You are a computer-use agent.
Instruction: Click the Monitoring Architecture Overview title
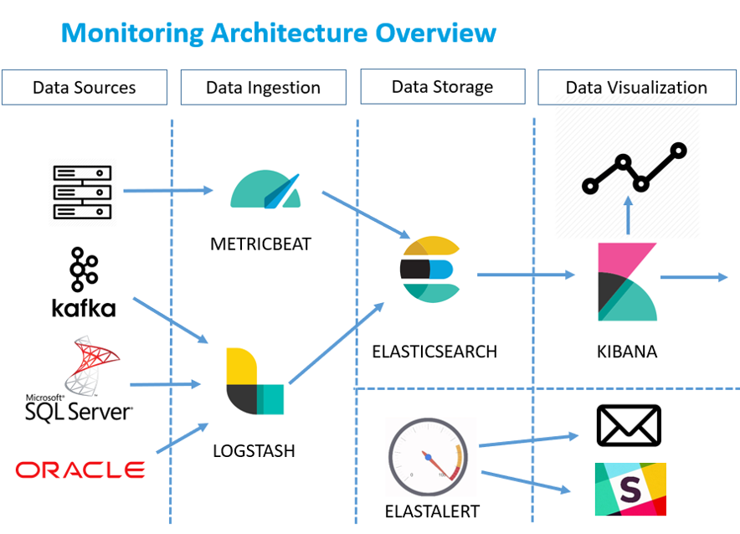279,33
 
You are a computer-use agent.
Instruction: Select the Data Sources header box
84,87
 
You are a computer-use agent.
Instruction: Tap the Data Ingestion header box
263,87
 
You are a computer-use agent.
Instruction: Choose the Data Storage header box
442,86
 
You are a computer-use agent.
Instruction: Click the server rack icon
82,193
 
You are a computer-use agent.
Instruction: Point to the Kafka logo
84,282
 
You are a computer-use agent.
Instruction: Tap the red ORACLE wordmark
80,470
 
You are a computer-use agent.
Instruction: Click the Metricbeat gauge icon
265,191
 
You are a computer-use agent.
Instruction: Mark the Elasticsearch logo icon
429,270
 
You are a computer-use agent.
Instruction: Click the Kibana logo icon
626,282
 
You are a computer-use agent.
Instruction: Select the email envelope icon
629,425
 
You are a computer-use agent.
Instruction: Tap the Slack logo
630,489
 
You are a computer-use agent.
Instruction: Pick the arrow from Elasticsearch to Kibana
526,275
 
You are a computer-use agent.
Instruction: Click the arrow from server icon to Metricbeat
168,191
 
